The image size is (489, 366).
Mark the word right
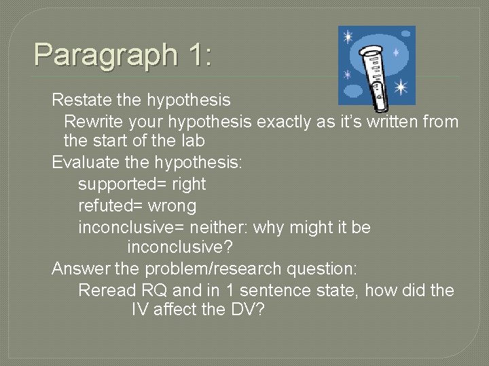point(189,184)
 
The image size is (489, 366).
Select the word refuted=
point(109,205)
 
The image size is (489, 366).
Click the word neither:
point(215,227)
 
